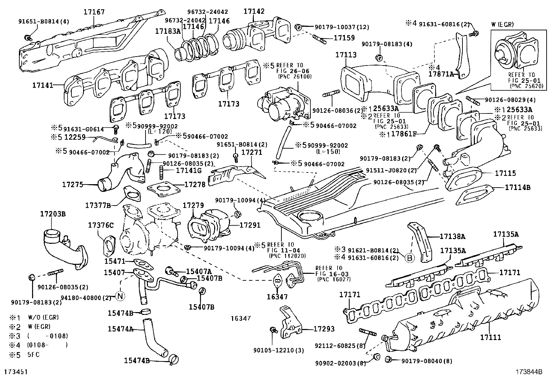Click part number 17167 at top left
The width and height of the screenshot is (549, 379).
pos(94,12)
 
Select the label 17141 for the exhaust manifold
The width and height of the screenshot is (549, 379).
pos(43,85)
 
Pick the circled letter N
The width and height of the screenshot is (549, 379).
pos(120,296)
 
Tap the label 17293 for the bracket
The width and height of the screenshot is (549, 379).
pos(324,329)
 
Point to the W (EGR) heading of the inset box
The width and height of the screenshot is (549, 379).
pos(502,24)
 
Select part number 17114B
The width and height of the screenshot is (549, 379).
pos(518,188)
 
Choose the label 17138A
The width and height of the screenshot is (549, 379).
pos(452,237)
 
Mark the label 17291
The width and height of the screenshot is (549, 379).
pos(250,225)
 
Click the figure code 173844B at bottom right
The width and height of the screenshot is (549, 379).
pos(529,372)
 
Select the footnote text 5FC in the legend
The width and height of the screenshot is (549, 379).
pos(33,354)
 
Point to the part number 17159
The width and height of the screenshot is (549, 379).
pos(344,38)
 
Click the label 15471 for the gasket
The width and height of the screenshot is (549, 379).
pos(114,262)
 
